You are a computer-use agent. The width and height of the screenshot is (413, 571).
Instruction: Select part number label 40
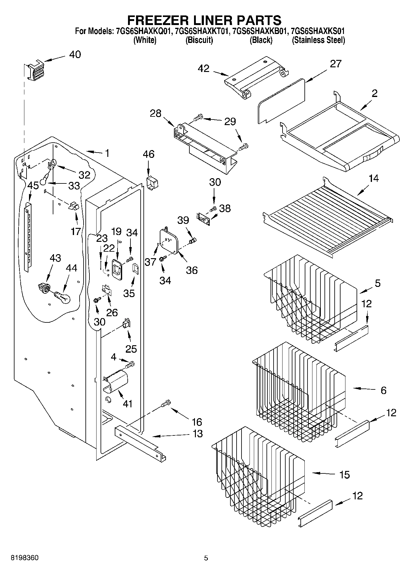click(75, 55)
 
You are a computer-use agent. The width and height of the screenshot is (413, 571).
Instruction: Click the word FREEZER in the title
click(163, 20)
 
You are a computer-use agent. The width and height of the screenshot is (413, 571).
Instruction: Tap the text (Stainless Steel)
click(318, 40)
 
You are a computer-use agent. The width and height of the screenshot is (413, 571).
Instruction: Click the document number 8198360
click(25, 558)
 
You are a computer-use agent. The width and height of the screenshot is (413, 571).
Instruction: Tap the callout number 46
click(148, 154)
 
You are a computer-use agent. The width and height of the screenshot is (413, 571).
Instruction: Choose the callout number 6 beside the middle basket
click(383, 390)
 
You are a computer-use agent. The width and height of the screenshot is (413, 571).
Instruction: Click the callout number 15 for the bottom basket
click(344, 474)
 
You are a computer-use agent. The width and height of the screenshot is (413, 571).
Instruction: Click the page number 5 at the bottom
click(206, 558)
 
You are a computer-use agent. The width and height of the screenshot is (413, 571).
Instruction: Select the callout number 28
click(155, 114)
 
